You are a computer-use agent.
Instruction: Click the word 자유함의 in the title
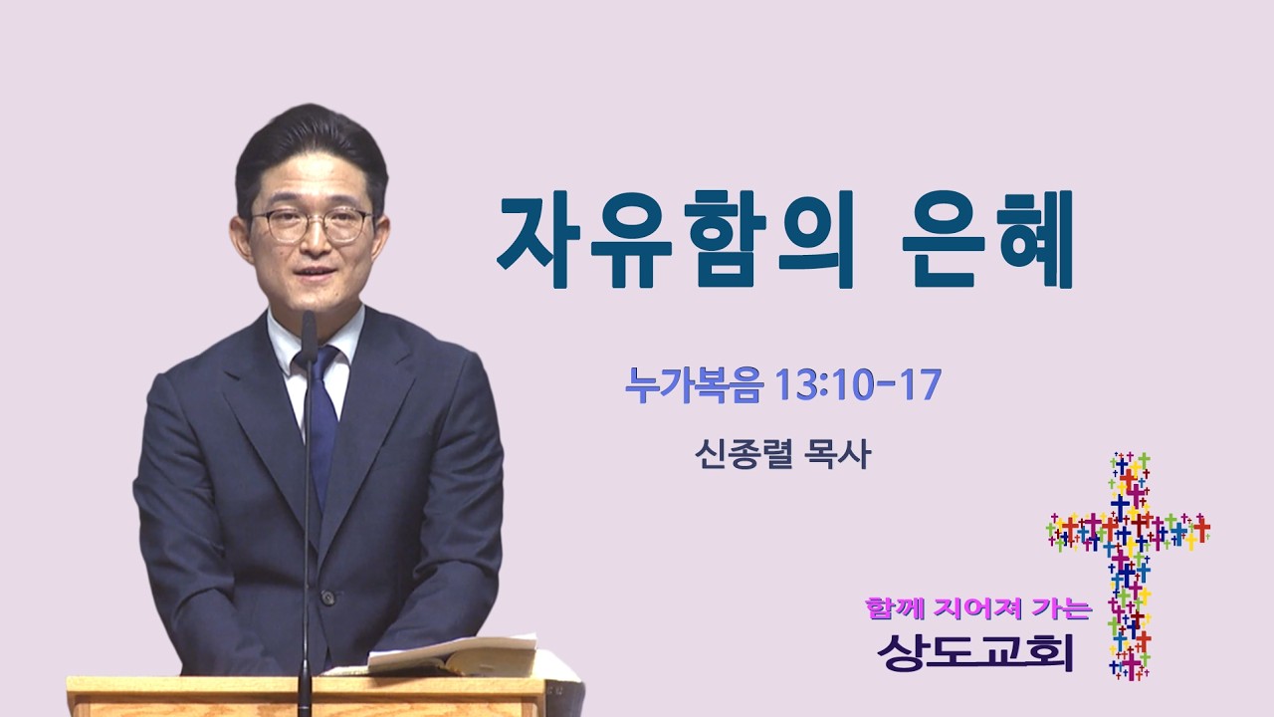676,240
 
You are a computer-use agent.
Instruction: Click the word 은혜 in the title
987,240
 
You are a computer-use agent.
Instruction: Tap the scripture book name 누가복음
694,385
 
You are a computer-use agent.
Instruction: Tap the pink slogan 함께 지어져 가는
978,608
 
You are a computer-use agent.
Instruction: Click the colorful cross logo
1129,566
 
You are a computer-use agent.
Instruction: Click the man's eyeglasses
312,225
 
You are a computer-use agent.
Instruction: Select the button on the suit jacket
328,597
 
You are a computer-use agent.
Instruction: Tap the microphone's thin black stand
308,512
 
